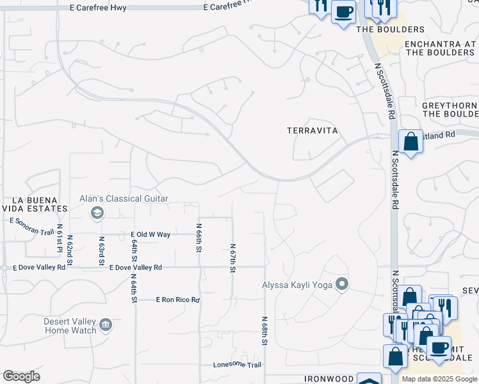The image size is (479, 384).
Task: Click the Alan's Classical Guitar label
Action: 124,199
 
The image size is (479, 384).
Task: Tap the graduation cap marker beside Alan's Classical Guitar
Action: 97,212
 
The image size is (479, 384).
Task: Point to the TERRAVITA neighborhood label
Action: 312,130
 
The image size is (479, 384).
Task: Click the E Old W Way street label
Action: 150,235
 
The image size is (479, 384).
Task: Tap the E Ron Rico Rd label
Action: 178,300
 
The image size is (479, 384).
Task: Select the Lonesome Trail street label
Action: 238,365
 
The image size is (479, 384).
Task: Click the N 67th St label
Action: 232,257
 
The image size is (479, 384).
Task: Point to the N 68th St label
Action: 264,330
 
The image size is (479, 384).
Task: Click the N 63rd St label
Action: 101,251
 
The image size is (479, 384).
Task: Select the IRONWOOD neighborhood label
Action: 312,379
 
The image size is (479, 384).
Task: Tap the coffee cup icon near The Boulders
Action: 343,12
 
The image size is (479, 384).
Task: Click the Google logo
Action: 21,376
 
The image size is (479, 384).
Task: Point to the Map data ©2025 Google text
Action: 440,379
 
